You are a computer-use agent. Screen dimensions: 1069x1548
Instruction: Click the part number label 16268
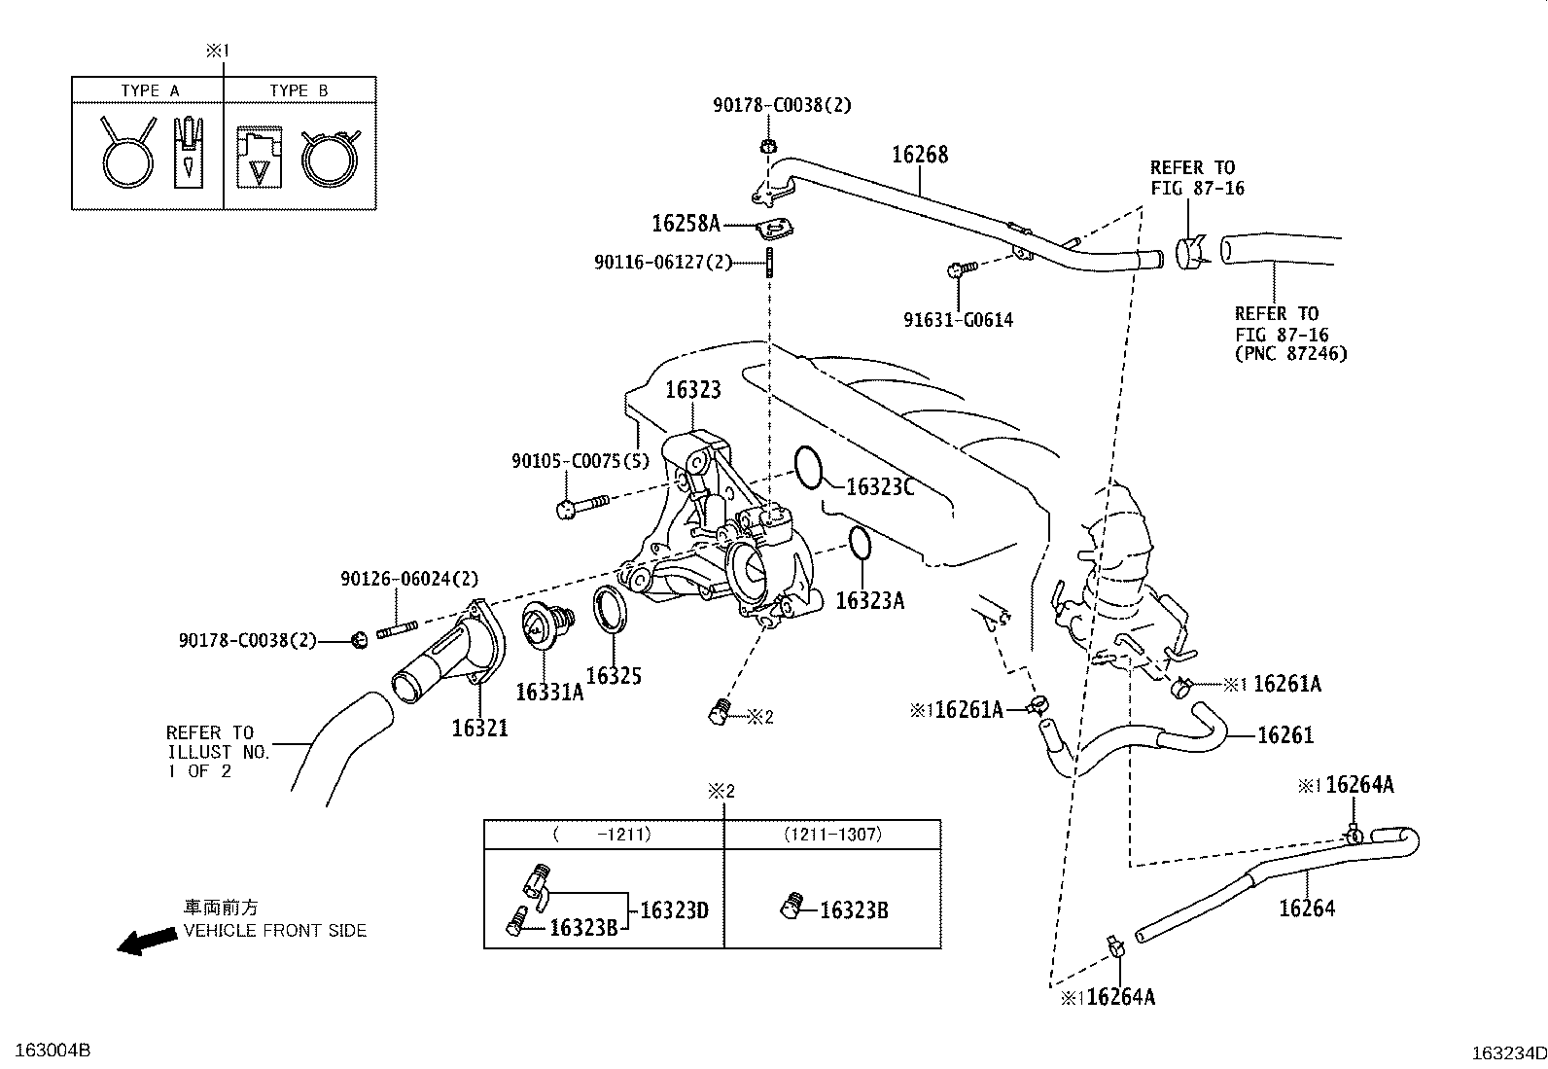920,155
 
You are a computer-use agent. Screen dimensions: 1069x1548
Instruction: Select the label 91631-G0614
958,320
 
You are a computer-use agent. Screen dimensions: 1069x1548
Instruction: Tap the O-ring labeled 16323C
809,467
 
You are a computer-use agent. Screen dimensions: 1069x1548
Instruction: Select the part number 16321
479,728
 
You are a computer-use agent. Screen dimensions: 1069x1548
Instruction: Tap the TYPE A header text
150,90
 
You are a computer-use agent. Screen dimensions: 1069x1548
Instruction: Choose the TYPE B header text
299,90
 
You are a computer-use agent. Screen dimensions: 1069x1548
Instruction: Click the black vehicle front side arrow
146,941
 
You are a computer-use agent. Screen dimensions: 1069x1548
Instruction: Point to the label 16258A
686,224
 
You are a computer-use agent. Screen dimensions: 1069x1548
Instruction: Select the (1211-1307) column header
833,835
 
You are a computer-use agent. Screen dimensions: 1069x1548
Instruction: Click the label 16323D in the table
674,910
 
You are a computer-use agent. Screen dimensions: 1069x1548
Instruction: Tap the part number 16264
1307,909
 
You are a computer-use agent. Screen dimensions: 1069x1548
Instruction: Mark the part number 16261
1285,735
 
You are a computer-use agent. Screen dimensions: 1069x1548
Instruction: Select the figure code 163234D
1508,1053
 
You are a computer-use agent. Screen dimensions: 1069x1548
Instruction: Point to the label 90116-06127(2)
663,262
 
